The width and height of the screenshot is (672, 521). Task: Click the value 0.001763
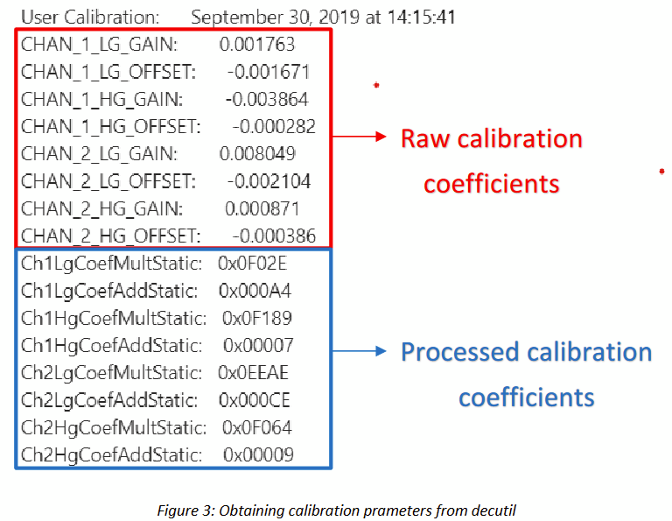[257, 44]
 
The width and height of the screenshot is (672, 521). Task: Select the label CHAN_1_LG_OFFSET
[108, 72]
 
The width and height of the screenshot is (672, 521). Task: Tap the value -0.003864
[267, 100]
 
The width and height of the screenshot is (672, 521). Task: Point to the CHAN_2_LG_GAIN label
[100, 154]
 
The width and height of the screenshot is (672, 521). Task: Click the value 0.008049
[257, 154]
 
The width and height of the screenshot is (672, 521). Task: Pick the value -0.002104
[269, 181]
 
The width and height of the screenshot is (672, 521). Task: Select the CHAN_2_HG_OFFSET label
[111, 236]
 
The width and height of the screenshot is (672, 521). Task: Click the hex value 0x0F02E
[252, 264]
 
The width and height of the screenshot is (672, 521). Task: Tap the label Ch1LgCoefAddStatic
[109, 292]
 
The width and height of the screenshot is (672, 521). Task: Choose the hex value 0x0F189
[257, 318]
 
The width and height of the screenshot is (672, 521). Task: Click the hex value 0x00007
[258, 346]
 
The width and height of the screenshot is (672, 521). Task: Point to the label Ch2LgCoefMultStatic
[111, 374]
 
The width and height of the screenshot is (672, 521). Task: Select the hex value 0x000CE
[255, 400]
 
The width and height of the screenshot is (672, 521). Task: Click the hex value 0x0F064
[257, 428]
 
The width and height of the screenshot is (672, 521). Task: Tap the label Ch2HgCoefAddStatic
[111, 456]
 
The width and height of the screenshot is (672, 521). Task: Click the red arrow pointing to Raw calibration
[359, 137]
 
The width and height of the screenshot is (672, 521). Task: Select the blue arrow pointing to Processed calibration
[359, 351]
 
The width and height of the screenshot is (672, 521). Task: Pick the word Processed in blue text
[460, 353]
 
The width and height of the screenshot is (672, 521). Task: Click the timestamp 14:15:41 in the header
[421, 18]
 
